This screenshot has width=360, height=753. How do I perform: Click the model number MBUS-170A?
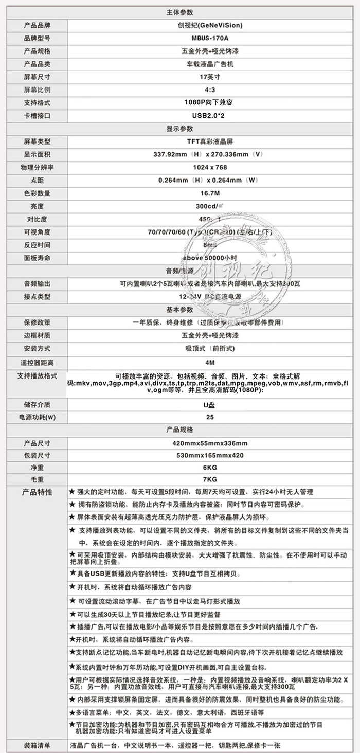click(209, 38)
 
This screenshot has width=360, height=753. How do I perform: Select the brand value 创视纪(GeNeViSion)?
click(209, 25)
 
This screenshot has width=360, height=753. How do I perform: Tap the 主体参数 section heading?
click(180, 12)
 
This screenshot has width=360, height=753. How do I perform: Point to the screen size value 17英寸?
click(209, 77)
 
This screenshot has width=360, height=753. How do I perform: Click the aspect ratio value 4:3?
click(209, 89)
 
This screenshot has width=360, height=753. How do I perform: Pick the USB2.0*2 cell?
click(209, 115)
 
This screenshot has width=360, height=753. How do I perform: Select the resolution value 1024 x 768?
click(209, 167)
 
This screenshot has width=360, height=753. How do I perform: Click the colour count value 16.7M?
click(209, 193)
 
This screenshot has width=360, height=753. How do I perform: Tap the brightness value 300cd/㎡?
click(209, 206)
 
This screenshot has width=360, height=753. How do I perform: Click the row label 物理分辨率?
click(38, 167)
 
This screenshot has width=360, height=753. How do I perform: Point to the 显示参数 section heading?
click(180, 128)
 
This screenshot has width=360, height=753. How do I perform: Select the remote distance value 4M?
click(209, 362)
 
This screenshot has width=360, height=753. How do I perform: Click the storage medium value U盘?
click(209, 404)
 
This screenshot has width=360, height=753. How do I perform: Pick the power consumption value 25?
click(209, 417)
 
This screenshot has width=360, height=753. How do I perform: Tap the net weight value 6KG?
click(209, 467)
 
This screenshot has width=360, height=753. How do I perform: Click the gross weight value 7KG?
click(209, 480)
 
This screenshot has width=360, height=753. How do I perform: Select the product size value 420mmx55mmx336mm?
click(209, 443)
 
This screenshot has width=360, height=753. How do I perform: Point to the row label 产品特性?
click(38, 492)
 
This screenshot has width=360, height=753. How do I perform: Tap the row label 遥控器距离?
click(38, 362)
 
